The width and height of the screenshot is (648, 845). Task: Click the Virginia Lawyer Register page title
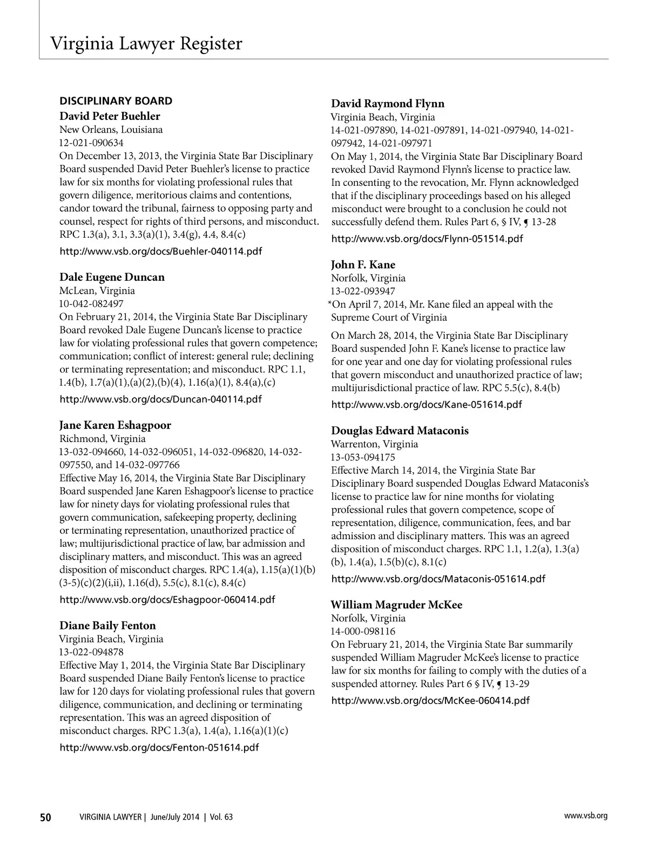146,43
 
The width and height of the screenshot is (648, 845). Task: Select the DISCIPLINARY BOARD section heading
116,101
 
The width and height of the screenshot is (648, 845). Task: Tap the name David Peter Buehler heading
110,116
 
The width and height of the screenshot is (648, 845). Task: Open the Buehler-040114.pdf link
161,251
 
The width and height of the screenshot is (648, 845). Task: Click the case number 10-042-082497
91,304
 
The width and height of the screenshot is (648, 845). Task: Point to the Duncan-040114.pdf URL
160,399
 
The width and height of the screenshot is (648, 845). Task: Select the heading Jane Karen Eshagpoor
115,425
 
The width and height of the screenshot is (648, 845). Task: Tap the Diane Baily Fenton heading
107,626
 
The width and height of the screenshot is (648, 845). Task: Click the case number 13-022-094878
91,652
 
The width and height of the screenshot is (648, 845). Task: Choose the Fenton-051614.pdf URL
159,748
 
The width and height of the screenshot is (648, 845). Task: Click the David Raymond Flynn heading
388,104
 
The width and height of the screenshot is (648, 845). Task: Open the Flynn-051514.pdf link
427,239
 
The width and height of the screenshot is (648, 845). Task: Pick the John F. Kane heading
363,265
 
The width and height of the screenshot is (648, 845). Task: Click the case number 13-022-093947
363,291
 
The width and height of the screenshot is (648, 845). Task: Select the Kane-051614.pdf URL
426,405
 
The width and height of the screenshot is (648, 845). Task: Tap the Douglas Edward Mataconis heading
400,431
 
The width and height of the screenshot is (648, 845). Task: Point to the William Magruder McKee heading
396,605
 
